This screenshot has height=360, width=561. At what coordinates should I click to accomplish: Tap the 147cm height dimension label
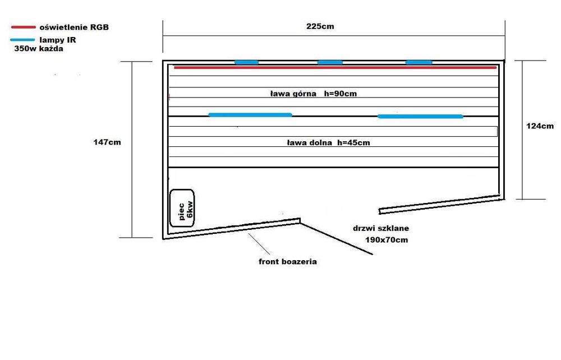coord(107,142)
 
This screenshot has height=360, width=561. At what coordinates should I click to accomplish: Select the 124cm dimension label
coord(540,126)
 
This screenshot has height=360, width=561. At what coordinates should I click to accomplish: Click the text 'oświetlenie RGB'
coord(73,27)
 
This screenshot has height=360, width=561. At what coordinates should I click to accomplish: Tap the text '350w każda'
coord(39,49)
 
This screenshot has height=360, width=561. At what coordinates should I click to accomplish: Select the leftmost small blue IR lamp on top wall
coord(246,62)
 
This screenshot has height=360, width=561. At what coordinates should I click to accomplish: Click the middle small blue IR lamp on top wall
coord(330,62)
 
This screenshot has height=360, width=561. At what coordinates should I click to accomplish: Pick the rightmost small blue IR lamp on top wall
coord(419,62)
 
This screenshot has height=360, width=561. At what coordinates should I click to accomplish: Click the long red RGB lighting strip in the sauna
coord(335,68)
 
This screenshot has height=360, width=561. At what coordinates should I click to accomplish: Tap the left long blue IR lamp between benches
coord(250,115)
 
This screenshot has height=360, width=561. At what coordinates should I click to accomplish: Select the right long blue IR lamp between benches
coord(420,117)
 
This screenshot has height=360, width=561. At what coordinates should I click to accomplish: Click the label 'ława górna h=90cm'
coord(313,94)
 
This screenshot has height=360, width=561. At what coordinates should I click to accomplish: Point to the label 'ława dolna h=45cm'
coord(328,143)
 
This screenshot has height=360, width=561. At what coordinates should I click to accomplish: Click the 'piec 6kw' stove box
coord(182,207)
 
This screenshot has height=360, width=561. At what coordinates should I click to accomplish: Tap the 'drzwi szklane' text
coord(381,229)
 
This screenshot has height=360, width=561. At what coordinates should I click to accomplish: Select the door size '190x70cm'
coord(387,240)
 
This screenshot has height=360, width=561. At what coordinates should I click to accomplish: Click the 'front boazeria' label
coord(287,262)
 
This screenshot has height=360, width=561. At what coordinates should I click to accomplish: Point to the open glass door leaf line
coord(337,238)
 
